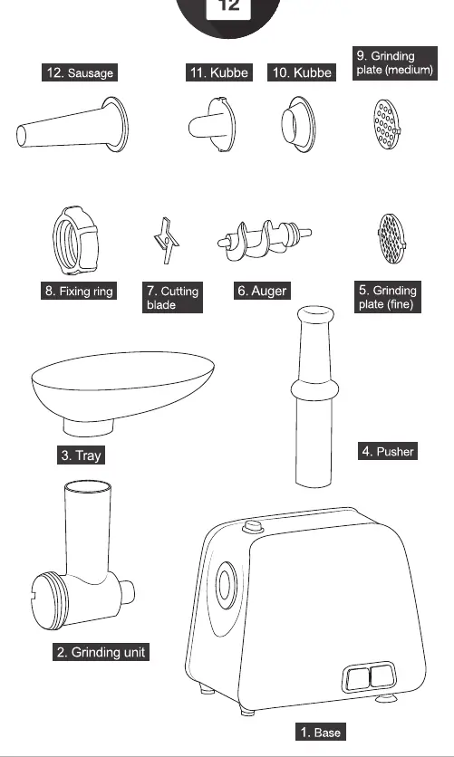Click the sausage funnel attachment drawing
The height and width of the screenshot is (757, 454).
pyautogui.click(x=72, y=126)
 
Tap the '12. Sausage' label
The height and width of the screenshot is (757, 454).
pyautogui.click(x=80, y=73)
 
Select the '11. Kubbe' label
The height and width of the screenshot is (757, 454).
pyautogui.click(x=219, y=72)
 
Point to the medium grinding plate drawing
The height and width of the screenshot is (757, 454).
pyautogui.click(x=387, y=125)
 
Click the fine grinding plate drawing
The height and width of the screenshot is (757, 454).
pyautogui.click(x=391, y=238)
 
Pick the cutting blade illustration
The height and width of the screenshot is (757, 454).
pyautogui.click(x=166, y=240)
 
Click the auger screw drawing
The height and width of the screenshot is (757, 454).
pyautogui.click(x=264, y=240)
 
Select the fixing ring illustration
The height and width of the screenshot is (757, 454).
pyautogui.click(x=75, y=241)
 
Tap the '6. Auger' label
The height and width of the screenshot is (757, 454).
pyautogui.click(x=262, y=291)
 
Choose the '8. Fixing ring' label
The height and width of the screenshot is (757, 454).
pyautogui.click(x=79, y=291)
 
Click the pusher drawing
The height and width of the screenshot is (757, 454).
pyautogui.click(x=315, y=396)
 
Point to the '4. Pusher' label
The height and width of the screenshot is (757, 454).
pyautogui.click(x=388, y=452)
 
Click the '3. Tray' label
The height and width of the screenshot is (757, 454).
pyautogui.click(x=82, y=455)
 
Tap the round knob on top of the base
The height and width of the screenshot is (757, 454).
pyautogui.click(x=253, y=526)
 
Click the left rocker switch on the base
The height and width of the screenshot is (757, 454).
pyautogui.click(x=358, y=678)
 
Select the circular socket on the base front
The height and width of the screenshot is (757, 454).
pyautogui.click(x=226, y=585)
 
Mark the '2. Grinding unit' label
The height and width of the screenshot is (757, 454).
pyautogui.click(x=101, y=652)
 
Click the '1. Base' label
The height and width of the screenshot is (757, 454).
pyautogui.click(x=321, y=732)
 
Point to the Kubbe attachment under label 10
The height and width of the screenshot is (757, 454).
pyautogui.click(x=298, y=125)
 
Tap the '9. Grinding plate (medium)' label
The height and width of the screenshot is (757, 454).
pyautogui.click(x=395, y=62)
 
